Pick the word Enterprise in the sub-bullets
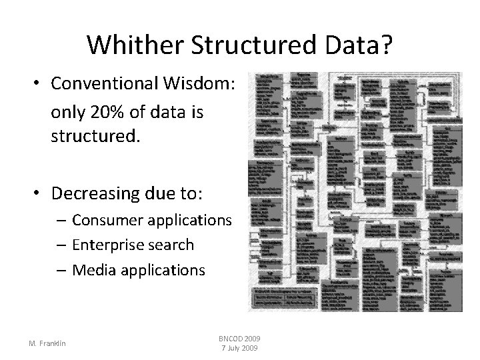tap(105, 245)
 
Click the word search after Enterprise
tap(168, 245)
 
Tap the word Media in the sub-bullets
tap(91, 270)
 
